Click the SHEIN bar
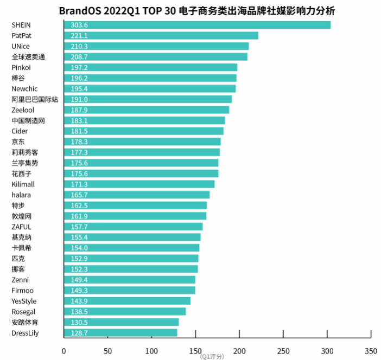tap(197, 25)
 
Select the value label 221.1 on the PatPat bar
tap(79, 36)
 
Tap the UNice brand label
tap(21, 46)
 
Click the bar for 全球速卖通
tap(156, 57)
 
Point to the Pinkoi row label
tap(21, 67)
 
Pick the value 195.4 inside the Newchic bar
tap(79, 88)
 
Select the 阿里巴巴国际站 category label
tap(35, 99)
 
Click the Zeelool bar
tap(147, 110)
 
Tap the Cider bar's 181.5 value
tap(79, 131)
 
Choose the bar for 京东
tap(142, 142)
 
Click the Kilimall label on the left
tap(23, 184)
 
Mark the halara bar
tap(137, 195)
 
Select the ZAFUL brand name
tap(21, 227)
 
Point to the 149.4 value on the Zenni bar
tap(79, 280)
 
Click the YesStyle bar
tap(127, 301)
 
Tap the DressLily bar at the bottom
tap(120, 333)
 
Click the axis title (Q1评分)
tap(212, 357)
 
